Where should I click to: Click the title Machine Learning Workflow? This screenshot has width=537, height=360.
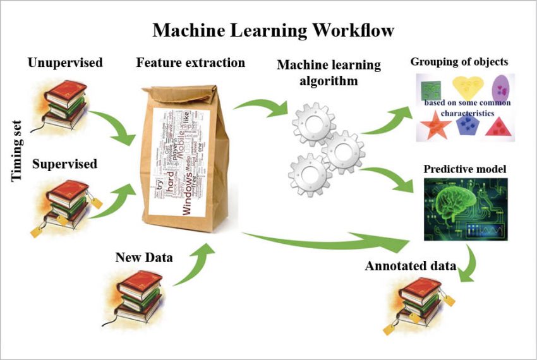[273, 30]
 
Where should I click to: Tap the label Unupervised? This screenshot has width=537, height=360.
[65, 63]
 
